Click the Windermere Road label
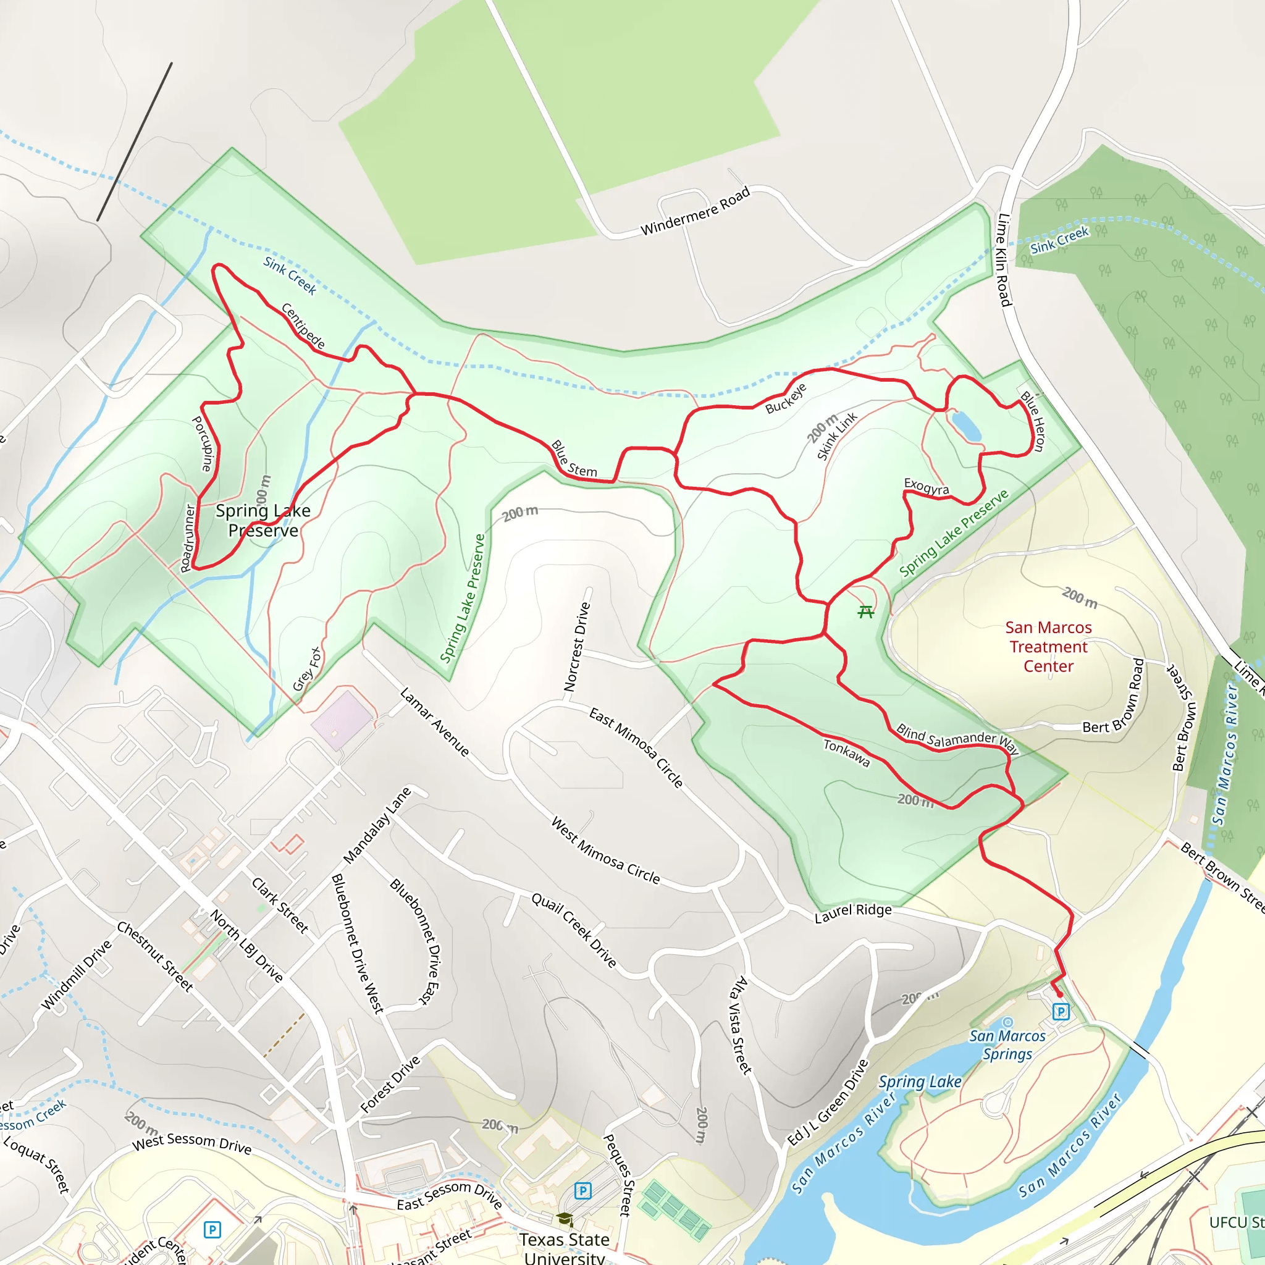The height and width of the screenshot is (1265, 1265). [x=695, y=211]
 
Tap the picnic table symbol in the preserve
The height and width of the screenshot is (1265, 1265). [x=865, y=612]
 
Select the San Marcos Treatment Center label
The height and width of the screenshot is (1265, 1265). [x=1048, y=647]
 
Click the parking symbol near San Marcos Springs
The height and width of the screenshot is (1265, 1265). [x=1061, y=1012]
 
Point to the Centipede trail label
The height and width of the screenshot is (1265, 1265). [x=303, y=326]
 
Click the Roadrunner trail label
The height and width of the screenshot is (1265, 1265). [x=188, y=538]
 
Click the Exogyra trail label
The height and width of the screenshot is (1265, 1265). [x=926, y=487]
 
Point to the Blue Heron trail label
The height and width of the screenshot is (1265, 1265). [x=1033, y=421]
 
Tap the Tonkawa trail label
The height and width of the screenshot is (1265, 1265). [x=847, y=754]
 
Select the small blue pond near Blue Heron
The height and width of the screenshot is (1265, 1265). [x=967, y=426]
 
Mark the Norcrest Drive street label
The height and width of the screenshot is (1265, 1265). [x=577, y=647]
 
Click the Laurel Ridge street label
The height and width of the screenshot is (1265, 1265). [x=852, y=914]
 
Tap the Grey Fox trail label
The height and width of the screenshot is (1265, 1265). [x=307, y=668]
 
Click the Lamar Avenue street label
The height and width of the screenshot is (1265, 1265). [x=434, y=721]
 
